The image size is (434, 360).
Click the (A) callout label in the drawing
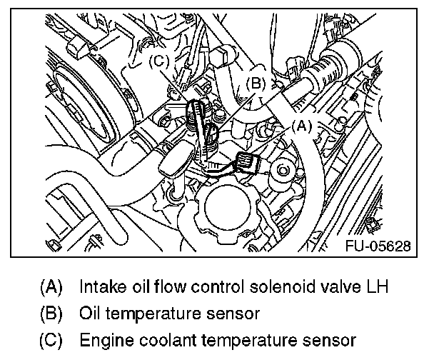[301, 126]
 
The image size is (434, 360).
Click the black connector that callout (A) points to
[249, 163]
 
